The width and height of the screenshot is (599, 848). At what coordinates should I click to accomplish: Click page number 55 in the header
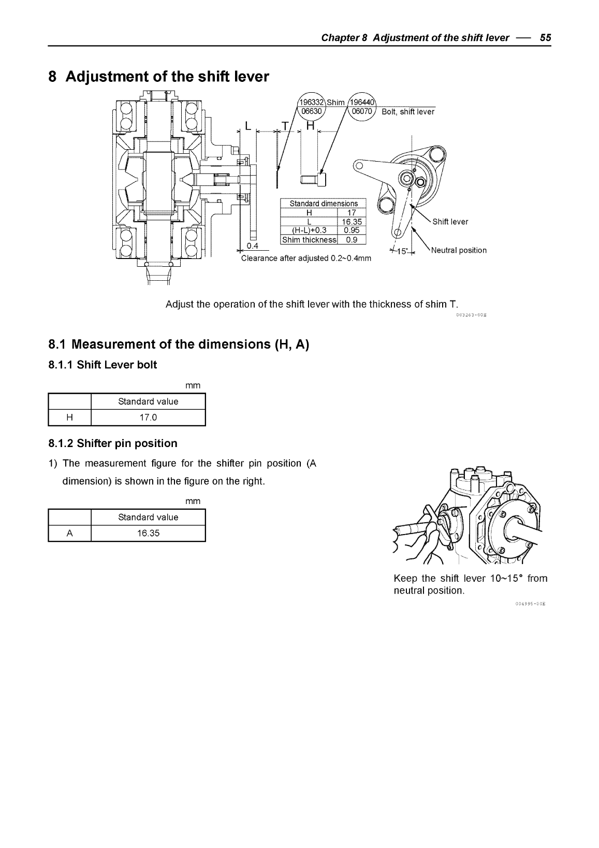point(545,37)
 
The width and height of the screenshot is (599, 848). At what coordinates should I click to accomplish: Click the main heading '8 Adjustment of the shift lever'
point(159,77)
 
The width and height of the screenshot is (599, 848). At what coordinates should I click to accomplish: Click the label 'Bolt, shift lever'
point(408,112)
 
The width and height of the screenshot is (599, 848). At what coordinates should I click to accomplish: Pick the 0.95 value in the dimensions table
point(351,231)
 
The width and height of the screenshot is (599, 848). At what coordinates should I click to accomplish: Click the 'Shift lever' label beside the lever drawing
point(450,222)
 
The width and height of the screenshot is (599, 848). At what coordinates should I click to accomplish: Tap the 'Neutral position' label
point(459,250)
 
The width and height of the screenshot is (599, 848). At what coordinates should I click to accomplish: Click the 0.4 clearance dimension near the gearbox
point(253,245)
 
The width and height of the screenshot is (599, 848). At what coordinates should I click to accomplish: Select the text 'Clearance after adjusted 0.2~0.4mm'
point(306,258)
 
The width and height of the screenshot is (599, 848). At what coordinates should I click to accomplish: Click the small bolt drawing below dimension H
point(314,179)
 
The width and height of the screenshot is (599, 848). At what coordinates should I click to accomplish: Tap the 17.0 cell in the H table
point(148,418)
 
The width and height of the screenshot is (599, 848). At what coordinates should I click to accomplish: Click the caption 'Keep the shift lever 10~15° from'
point(470,578)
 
